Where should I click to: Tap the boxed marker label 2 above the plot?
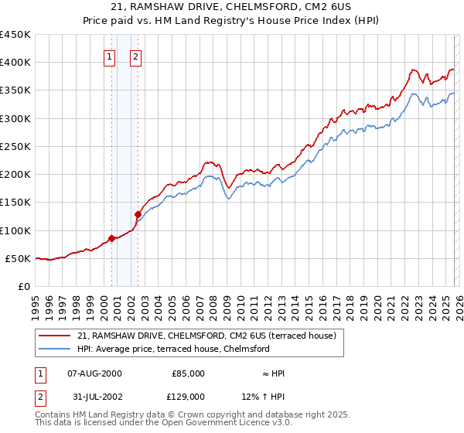[x=135, y=56]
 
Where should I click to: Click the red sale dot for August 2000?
[x=111, y=238]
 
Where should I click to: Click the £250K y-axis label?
[x=15, y=146]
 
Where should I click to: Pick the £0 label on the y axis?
[x=23, y=286]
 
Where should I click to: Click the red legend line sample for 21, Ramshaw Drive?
[x=55, y=336]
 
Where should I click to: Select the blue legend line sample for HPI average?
[x=55, y=349]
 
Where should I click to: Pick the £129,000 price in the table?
[x=188, y=396]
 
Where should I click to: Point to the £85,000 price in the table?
[x=188, y=373]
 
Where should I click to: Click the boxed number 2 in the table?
[x=39, y=396]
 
